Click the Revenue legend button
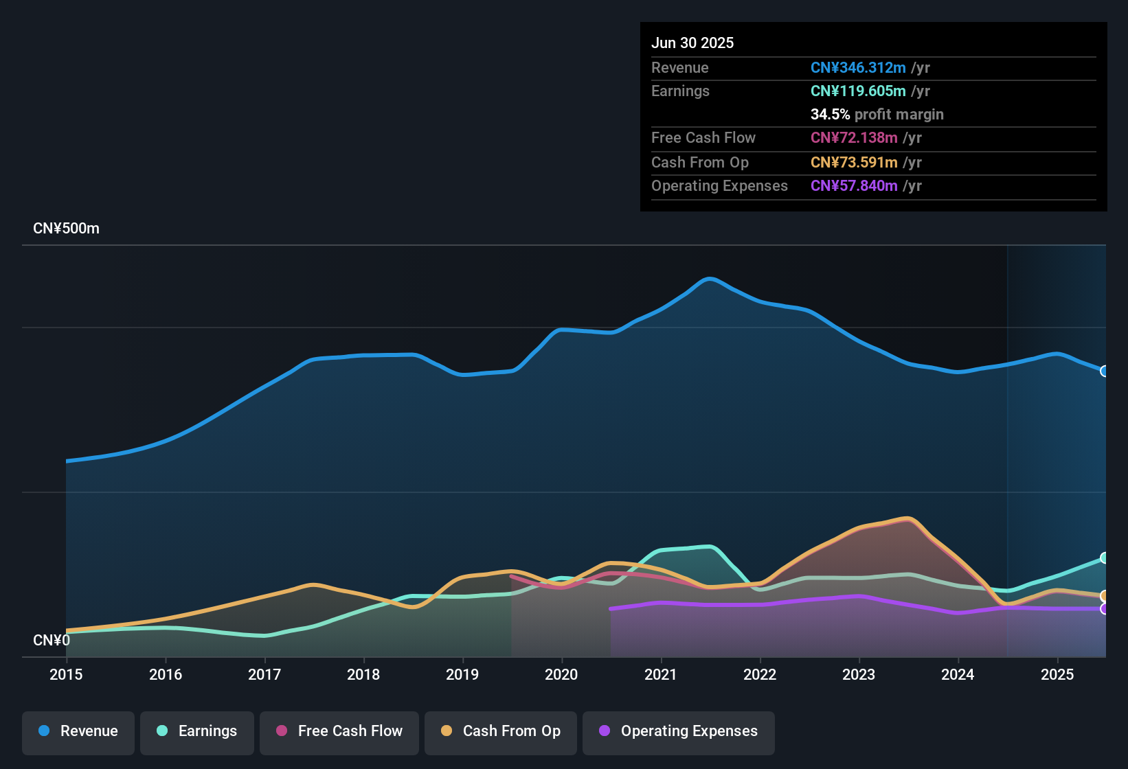78,731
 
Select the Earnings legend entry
197,731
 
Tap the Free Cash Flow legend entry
339,731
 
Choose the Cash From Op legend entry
501,731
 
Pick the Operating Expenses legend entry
679,731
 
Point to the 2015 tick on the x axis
66,674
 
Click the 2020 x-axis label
561,674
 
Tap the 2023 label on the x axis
859,674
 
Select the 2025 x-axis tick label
1057,674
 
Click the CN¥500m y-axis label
66,229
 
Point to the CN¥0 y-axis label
52,640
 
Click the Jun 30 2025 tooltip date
692,43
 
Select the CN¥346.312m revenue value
858,68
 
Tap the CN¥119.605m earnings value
858,91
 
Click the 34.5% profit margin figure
830,115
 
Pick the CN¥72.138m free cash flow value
854,138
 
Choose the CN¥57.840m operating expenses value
854,186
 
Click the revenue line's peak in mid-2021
710,279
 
